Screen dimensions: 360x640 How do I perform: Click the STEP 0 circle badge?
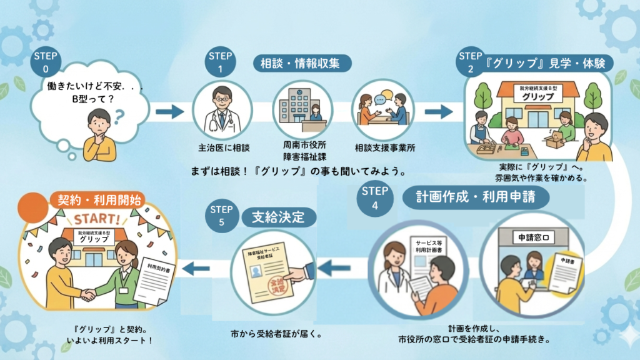(x=46, y=61)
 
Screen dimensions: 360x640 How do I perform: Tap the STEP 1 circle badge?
(x=221, y=61)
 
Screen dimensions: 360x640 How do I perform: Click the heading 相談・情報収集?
(x=302, y=63)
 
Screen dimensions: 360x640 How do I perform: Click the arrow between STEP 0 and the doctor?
(x=169, y=112)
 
